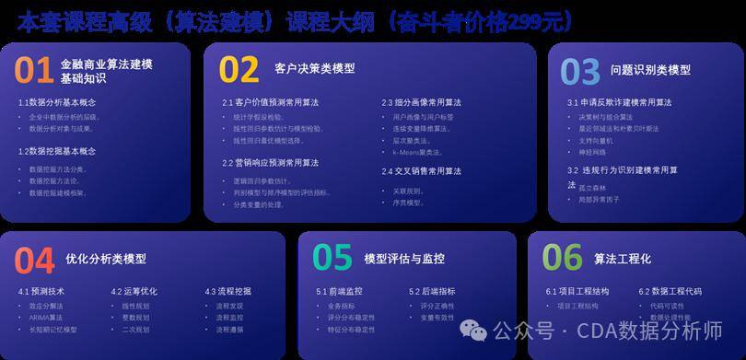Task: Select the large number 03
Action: pos(580,71)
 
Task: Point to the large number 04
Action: pos(34,261)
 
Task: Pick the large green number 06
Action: pos(562,259)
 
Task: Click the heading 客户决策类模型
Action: pos(314,68)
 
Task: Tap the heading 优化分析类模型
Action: pos(106,259)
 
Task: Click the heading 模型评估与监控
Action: pos(404,258)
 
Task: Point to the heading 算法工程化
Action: pos(623,259)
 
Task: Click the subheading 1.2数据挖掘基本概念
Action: pos(57,151)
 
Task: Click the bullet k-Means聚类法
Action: pos(419,153)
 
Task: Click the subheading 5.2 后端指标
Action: pos(435,292)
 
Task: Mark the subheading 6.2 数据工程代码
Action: pos(670,292)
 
